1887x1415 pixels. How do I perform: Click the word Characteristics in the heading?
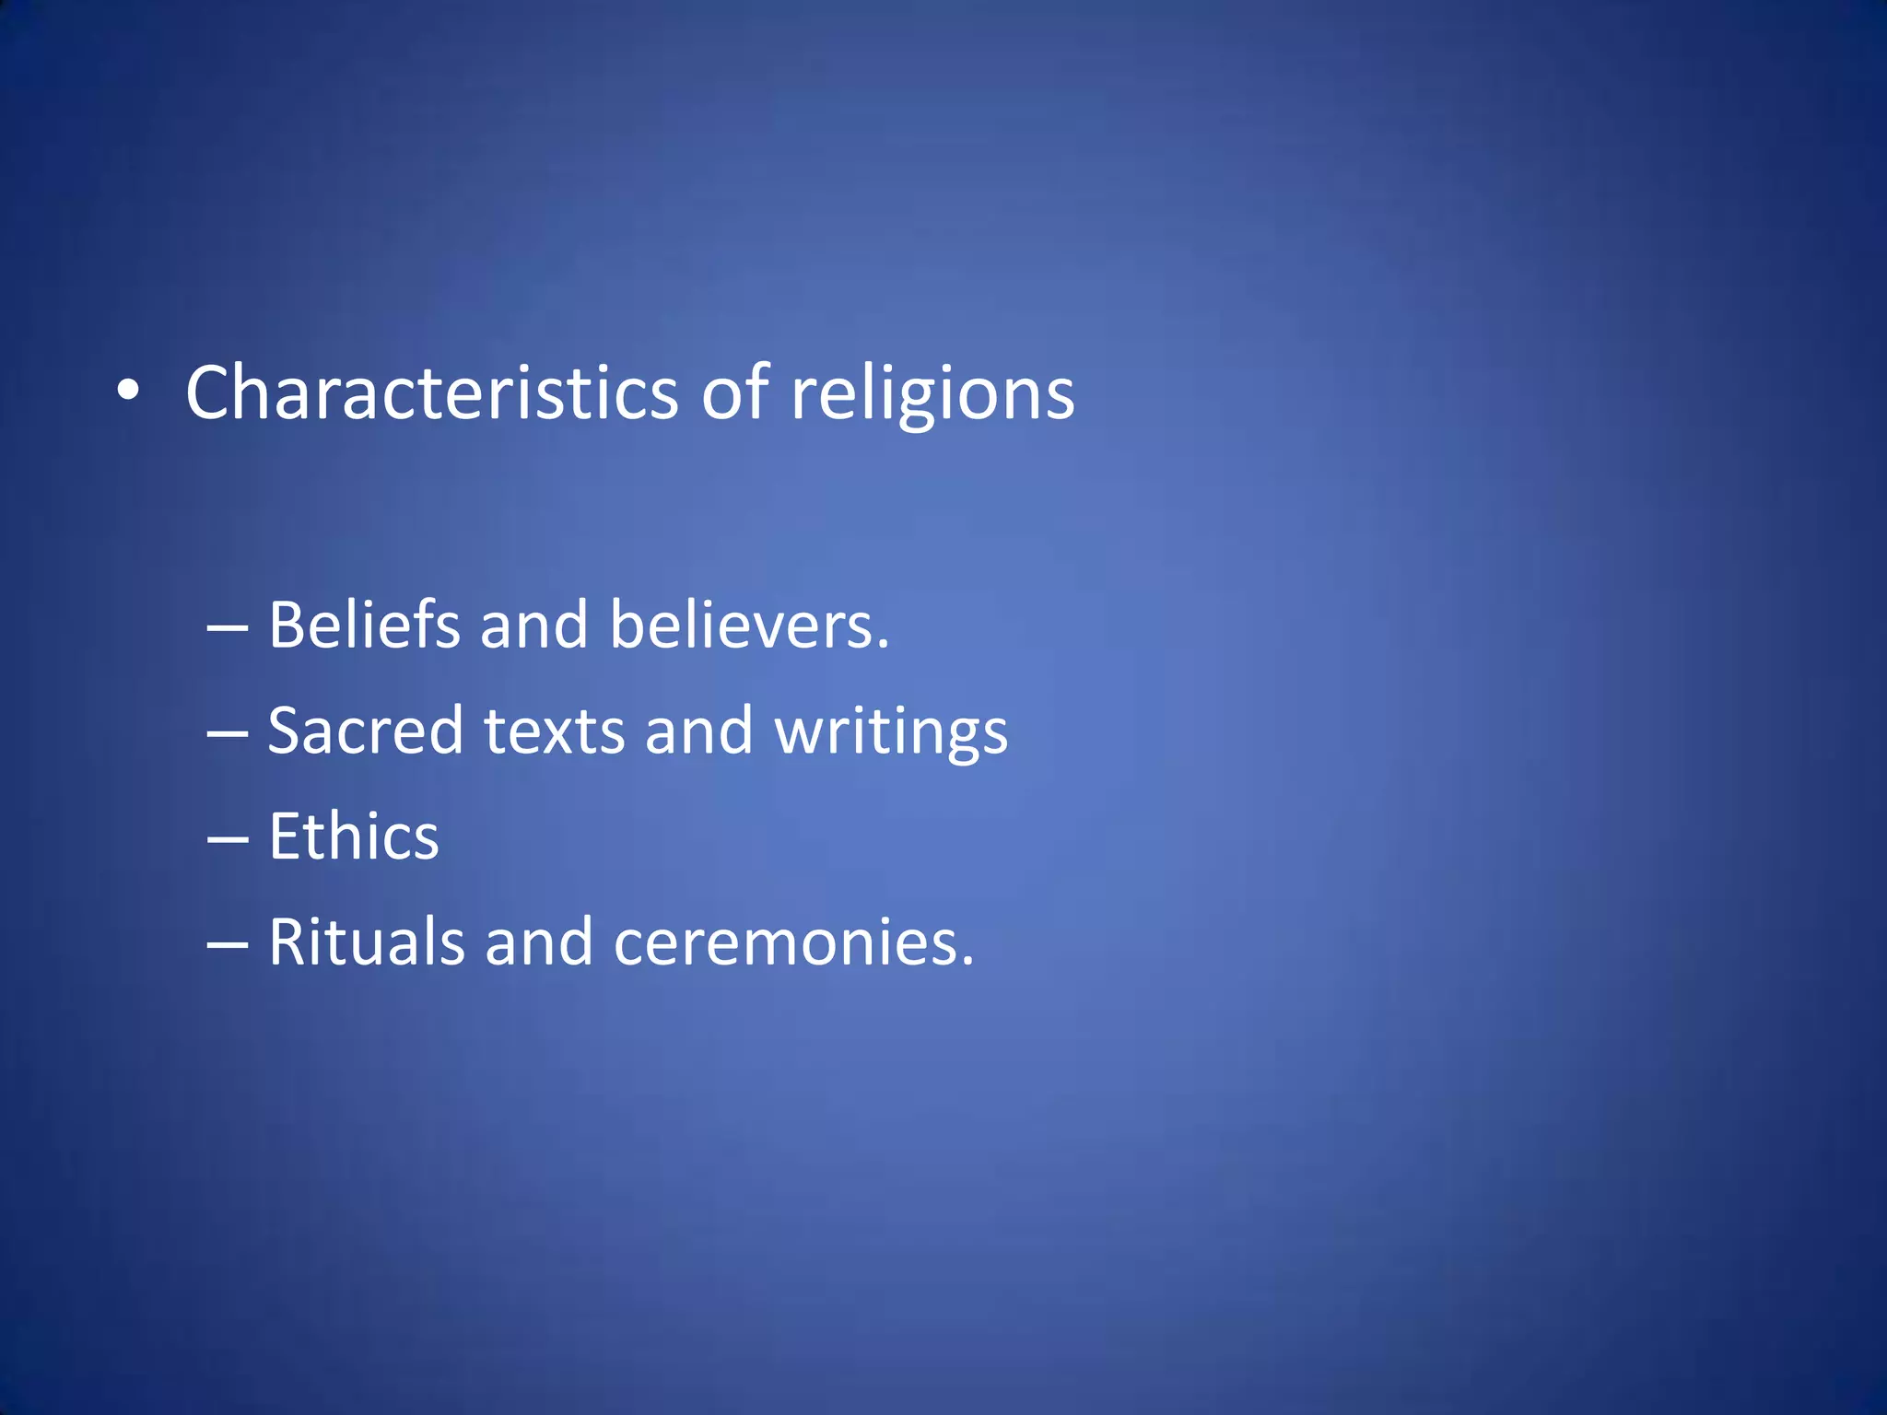(432, 393)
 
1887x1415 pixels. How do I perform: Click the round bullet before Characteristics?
(129, 392)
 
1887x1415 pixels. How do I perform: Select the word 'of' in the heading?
(734, 393)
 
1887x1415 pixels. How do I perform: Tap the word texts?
(555, 731)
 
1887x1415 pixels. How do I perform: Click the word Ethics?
(354, 837)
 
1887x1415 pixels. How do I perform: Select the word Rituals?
(367, 942)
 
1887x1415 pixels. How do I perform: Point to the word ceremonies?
(784, 944)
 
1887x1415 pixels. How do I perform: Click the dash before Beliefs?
(228, 628)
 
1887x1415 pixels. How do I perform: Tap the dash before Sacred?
(228, 734)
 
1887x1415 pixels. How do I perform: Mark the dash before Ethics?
(228, 840)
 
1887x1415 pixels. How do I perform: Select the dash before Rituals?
(228, 945)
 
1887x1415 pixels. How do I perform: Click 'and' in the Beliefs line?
(533, 626)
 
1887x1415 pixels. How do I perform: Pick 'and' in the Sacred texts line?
(698, 731)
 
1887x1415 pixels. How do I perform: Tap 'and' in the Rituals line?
(539, 942)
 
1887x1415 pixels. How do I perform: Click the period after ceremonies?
(967, 962)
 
